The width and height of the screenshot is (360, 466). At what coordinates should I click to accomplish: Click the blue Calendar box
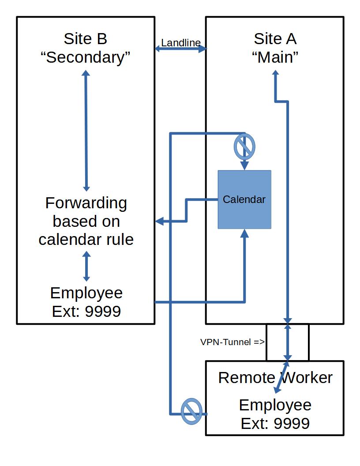click(x=244, y=199)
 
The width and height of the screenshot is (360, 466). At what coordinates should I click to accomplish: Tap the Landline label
click(x=180, y=43)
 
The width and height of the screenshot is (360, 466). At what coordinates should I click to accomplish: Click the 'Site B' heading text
click(x=86, y=39)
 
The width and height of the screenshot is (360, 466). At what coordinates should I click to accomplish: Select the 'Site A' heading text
click(x=275, y=39)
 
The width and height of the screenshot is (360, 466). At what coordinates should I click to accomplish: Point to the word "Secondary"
click(x=86, y=57)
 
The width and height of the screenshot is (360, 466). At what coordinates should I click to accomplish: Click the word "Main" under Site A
click(x=275, y=57)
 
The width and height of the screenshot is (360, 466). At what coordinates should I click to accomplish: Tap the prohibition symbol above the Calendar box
click(x=244, y=147)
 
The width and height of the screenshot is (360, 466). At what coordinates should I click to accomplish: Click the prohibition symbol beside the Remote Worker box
click(x=192, y=411)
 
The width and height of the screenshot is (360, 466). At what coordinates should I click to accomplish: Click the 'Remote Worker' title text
click(x=275, y=378)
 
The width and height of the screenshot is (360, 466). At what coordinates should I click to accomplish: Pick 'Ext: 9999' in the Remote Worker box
click(x=275, y=424)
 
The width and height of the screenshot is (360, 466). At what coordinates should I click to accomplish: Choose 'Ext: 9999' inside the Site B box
click(x=86, y=312)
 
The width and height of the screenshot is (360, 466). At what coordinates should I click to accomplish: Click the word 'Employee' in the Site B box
click(x=86, y=293)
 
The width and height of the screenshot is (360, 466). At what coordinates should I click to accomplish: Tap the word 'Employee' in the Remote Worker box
click(x=275, y=405)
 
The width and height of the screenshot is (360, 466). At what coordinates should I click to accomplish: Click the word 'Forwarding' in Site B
click(x=86, y=203)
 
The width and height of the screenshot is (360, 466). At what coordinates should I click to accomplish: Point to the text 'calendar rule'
click(x=86, y=240)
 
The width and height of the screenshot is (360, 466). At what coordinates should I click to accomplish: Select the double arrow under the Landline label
click(x=180, y=49)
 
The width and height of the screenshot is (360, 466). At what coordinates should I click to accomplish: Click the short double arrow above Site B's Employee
click(x=86, y=266)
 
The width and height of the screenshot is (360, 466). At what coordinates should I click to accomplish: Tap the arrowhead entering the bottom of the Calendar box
click(x=244, y=233)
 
